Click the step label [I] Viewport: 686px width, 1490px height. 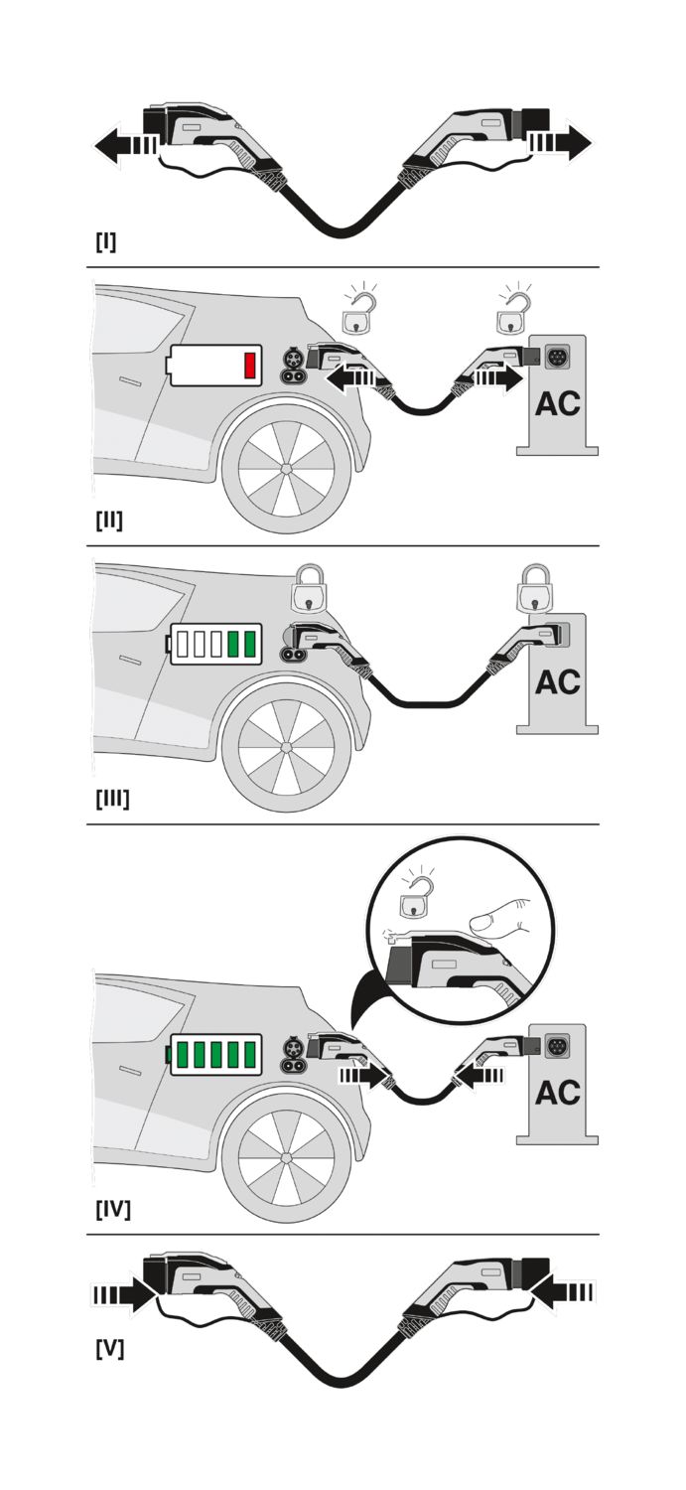coord(105,242)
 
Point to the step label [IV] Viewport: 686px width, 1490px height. coord(113,1208)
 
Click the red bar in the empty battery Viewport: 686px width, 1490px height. coord(250,366)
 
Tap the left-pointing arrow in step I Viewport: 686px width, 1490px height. coord(126,144)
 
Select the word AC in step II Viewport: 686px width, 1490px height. coord(558,403)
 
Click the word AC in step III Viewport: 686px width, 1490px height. coord(558,682)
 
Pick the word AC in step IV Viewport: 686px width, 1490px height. coord(558,1093)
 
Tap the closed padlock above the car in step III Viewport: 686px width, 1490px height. coord(309,588)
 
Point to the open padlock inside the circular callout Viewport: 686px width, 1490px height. coord(417,898)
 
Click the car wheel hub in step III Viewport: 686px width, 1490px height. coord(287,747)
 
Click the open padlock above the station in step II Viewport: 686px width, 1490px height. coord(514,310)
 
